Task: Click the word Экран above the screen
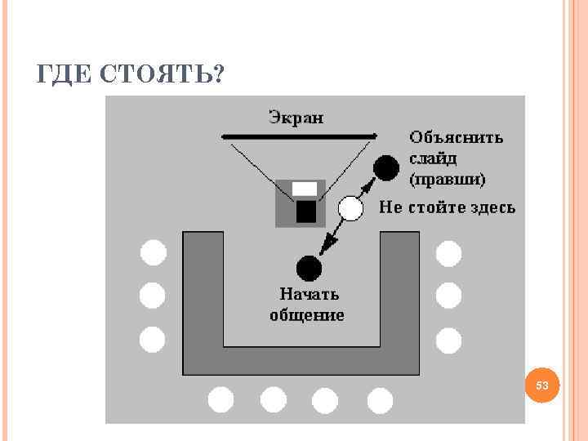(296, 117)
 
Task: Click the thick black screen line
(299, 136)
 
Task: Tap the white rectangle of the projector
(305, 189)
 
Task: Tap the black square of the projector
(305, 212)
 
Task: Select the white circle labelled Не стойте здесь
(350, 209)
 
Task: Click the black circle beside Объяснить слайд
(385, 168)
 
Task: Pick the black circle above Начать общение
(308, 266)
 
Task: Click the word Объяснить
(456, 138)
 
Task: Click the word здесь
(493, 207)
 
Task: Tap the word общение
(307, 314)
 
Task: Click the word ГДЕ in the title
(66, 74)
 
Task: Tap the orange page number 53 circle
(542, 385)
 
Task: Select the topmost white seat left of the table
(153, 254)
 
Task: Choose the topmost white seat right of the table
(448, 254)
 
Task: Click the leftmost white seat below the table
(220, 399)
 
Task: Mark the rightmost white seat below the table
(380, 399)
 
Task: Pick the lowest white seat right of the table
(448, 338)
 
